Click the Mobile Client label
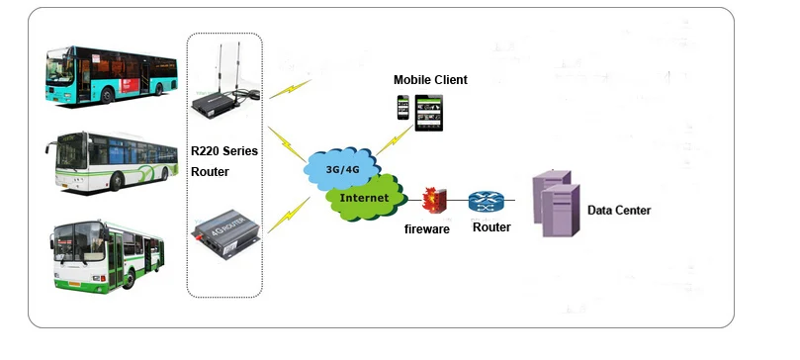(429, 79)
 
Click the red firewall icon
(431, 201)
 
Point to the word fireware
(427, 228)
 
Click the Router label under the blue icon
(491, 227)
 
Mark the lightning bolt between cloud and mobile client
(386, 138)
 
